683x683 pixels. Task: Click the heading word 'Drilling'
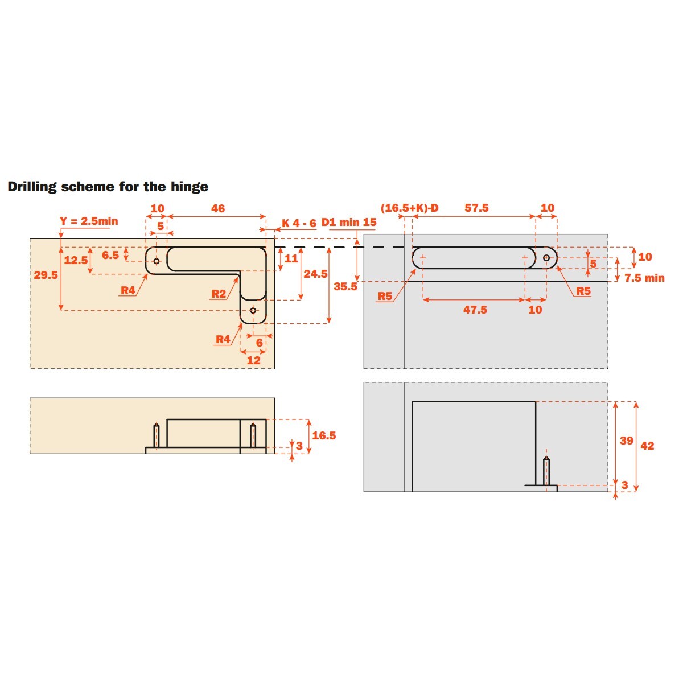(32, 187)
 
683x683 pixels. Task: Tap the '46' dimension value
(217, 208)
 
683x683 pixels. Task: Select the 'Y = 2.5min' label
(89, 221)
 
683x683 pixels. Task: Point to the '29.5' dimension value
(46, 275)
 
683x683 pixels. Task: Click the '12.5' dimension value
(76, 260)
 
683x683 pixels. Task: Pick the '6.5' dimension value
(110, 255)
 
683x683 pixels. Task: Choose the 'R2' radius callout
(219, 294)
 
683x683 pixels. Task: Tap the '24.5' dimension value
(315, 274)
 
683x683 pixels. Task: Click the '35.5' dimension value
(345, 286)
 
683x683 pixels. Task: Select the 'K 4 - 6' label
(299, 223)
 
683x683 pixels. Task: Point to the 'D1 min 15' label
(349, 222)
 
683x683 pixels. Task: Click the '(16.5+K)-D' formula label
(409, 208)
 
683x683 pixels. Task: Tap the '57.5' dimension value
(476, 208)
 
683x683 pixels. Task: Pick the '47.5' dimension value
(475, 310)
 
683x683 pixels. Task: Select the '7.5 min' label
(644, 278)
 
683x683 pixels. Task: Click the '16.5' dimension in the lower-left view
(324, 435)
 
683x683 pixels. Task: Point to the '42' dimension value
(647, 446)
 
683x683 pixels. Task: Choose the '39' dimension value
(626, 441)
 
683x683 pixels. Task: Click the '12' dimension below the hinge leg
(253, 360)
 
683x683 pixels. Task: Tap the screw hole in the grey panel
(546, 258)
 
